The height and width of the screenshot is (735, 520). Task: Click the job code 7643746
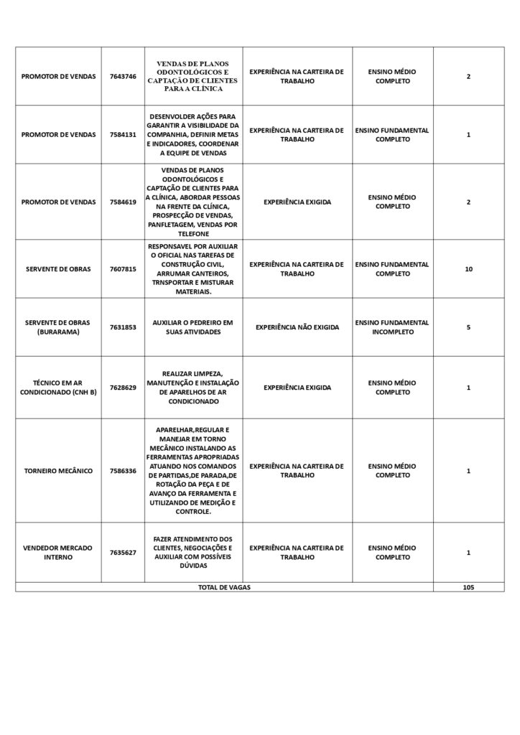pos(123,77)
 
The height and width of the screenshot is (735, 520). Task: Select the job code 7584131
pos(123,135)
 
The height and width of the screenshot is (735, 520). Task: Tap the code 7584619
pos(123,202)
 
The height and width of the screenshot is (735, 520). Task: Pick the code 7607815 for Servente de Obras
pos(123,269)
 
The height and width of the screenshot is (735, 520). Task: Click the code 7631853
pos(123,327)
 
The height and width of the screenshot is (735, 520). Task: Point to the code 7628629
pos(123,388)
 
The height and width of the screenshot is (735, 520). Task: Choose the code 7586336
pos(123,471)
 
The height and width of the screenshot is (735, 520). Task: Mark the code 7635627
pos(123,553)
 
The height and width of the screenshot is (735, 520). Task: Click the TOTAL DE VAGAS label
pos(224,587)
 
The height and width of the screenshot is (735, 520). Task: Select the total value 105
pos(468,587)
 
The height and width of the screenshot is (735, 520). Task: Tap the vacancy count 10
pos(468,269)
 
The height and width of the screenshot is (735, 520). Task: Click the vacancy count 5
pos(468,327)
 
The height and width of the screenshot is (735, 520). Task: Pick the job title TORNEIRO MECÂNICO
pos(58,471)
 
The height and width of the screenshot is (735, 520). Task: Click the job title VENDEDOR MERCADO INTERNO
pos(58,553)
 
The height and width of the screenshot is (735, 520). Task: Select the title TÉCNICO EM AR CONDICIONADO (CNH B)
pos(58,388)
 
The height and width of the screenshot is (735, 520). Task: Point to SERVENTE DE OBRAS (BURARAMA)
pos(58,327)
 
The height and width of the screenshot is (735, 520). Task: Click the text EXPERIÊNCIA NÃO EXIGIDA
pos(297,327)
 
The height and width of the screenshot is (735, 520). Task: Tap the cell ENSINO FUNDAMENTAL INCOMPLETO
pos(392,327)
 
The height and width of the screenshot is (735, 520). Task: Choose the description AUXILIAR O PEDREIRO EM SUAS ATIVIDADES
pos(192,327)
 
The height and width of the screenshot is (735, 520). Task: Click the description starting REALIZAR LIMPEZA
pos(192,388)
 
